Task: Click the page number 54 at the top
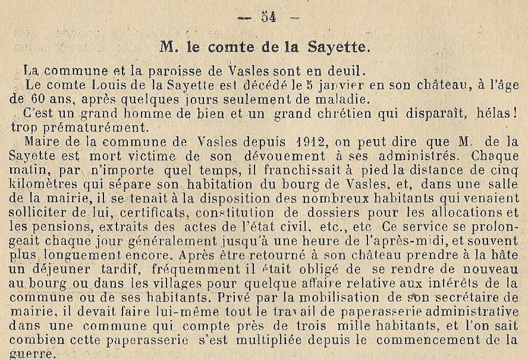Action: [269, 18]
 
